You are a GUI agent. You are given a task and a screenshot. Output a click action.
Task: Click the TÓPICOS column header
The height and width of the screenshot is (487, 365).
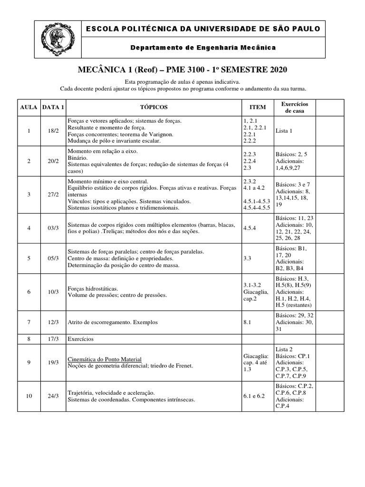(154, 107)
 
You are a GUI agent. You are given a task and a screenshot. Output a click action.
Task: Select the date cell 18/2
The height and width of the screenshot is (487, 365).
(53, 131)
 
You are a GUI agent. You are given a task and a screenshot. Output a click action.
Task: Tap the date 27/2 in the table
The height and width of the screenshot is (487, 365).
(53, 195)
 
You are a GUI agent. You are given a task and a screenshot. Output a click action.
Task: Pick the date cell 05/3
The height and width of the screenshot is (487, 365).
(53, 258)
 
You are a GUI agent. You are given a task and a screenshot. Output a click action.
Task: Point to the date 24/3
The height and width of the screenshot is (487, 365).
(53, 396)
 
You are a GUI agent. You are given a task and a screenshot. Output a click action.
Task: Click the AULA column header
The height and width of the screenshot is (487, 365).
(29, 107)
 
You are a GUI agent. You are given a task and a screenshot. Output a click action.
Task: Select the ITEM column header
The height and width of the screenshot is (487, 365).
(258, 107)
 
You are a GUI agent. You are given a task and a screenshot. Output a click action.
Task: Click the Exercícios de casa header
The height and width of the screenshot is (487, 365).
(295, 107)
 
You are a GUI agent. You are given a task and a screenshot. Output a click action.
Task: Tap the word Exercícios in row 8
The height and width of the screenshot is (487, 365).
(81, 339)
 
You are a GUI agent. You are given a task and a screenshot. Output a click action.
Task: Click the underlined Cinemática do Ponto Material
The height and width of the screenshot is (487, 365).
(105, 359)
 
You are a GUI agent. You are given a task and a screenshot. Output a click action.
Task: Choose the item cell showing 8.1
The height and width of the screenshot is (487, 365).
(247, 322)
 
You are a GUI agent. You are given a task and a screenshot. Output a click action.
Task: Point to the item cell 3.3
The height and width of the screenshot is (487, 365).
(247, 258)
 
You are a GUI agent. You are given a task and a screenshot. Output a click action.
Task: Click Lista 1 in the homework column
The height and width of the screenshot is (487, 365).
(284, 131)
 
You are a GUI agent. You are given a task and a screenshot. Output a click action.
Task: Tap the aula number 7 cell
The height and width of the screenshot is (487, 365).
(29, 322)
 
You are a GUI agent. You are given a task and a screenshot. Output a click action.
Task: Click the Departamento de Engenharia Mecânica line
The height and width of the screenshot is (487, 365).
(203, 48)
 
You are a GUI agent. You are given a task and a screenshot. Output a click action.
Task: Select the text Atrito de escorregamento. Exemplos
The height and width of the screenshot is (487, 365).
(113, 322)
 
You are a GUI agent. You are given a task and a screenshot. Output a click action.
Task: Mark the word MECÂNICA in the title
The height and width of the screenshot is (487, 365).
(97, 70)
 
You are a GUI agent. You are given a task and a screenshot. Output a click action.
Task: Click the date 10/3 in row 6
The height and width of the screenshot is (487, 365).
(53, 292)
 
